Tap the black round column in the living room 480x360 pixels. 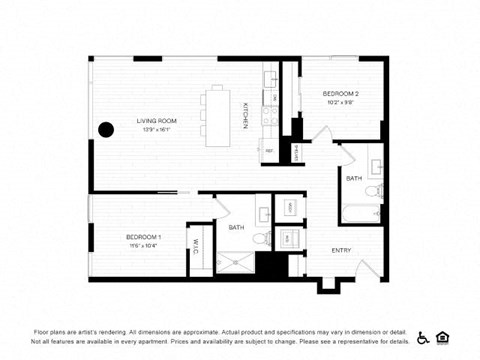(x=105, y=129)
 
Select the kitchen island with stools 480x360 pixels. (x=217, y=115)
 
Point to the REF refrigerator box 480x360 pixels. (x=269, y=151)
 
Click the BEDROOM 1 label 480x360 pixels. (x=143, y=236)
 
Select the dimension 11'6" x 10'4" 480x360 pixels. (x=143, y=245)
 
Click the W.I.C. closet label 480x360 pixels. (x=197, y=246)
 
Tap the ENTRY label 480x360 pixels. (x=341, y=250)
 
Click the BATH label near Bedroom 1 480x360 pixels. (x=236, y=227)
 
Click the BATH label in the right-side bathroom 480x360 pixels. (x=354, y=178)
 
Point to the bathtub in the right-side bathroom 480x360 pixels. (x=361, y=212)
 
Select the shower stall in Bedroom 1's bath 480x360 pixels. (x=236, y=262)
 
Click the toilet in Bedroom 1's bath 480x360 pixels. (x=259, y=238)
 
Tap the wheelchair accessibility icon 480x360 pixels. (x=423, y=337)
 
